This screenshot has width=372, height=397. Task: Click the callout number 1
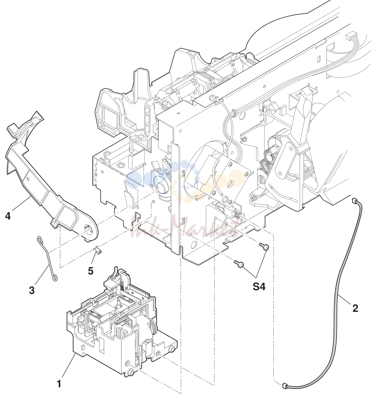pyautogui.click(x=59, y=384)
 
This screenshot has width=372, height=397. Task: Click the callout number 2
pyautogui.click(x=355, y=308)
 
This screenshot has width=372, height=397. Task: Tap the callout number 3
pyautogui.click(x=31, y=290)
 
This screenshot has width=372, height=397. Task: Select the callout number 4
pyautogui.click(x=8, y=216)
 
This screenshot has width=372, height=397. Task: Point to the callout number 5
pyautogui.click(x=90, y=271)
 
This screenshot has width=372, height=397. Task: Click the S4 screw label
pyautogui.click(x=259, y=286)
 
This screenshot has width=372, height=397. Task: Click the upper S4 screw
pyautogui.click(x=264, y=246)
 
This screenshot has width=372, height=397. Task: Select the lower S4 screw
pyautogui.click(x=239, y=264)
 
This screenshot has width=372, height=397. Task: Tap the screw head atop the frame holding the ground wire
pyautogui.click(x=212, y=97)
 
